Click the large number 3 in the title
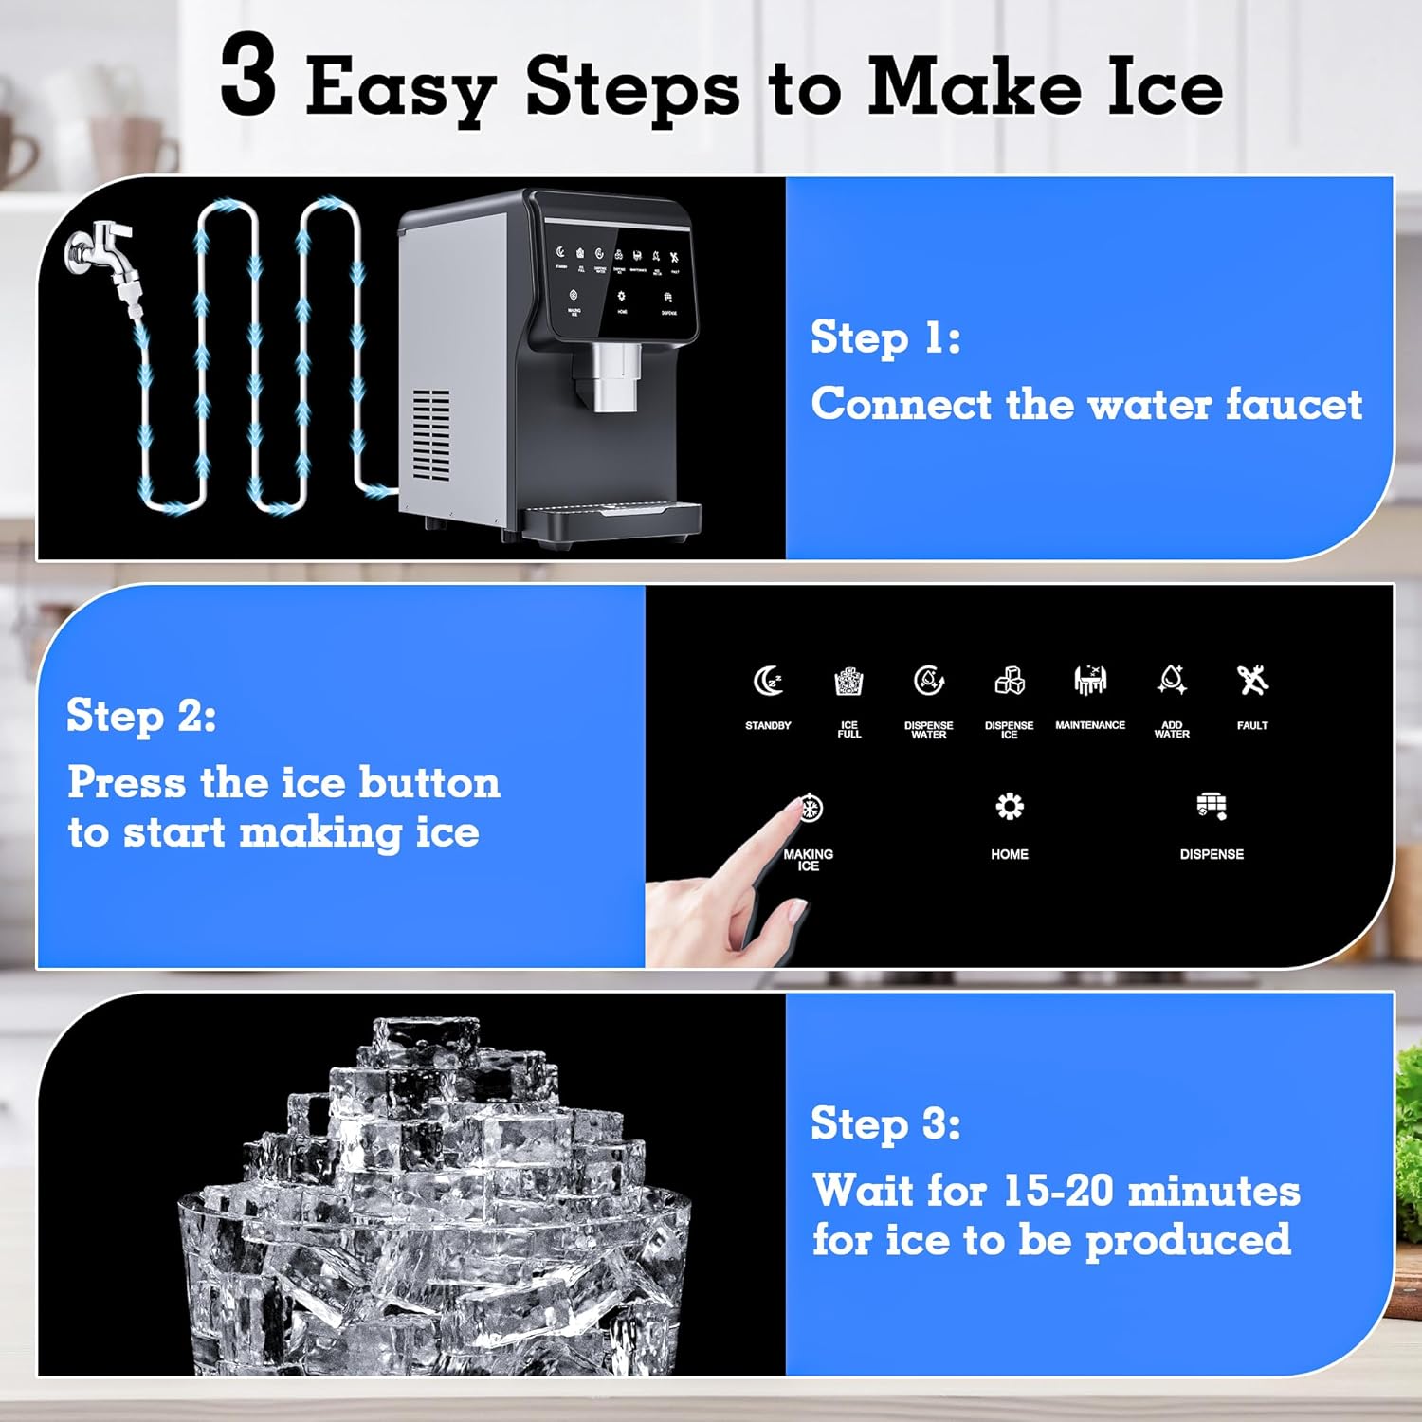pyautogui.click(x=248, y=76)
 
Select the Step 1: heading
pyautogui.click(x=885, y=337)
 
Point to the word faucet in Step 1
pyautogui.click(x=1293, y=405)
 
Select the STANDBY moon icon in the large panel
pyautogui.click(x=768, y=681)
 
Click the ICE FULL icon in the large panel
pyautogui.click(x=848, y=681)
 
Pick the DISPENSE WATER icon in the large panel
pyautogui.click(x=928, y=681)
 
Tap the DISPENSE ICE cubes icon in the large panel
pyautogui.click(x=1009, y=681)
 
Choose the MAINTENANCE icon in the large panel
pyautogui.click(x=1090, y=680)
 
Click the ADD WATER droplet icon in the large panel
pyautogui.click(x=1172, y=680)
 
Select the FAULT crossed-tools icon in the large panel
pyautogui.click(x=1252, y=680)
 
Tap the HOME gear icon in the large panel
pyautogui.click(x=1010, y=807)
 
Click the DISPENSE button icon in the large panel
pyautogui.click(x=1212, y=806)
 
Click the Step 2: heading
pyautogui.click(x=141, y=716)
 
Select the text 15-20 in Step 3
pyautogui.click(x=1057, y=1191)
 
